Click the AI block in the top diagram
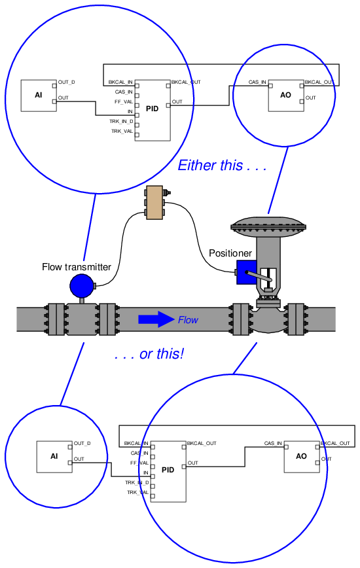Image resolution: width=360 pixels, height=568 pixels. (39, 96)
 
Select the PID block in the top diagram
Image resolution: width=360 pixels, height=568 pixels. (153, 111)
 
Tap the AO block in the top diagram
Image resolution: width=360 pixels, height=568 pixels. (286, 96)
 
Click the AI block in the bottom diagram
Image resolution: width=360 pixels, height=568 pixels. (54, 457)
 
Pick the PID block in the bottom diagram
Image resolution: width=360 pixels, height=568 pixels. (168, 472)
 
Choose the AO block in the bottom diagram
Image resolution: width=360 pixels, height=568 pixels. (302, 457)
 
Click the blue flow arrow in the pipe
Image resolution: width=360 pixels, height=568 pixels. (156, 319)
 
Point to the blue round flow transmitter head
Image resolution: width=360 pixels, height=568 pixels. (82, 286)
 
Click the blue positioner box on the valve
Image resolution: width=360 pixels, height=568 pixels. (246, 272)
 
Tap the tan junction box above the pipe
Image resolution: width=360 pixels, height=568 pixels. (154, 203)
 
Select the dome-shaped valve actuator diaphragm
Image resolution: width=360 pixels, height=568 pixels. (268, 224)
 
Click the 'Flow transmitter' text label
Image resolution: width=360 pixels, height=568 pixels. (77, 267)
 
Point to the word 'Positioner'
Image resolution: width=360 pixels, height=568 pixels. (230, 253)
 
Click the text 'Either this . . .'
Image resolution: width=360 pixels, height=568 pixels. (223, 166)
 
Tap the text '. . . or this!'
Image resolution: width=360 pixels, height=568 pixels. (149, 354)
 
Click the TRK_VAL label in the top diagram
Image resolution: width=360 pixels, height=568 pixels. (122, 131)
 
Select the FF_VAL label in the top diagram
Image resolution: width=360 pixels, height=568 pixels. (124, 102)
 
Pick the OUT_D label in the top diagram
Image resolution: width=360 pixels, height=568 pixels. (67, 82)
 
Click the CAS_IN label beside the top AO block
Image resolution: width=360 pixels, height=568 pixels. (257, 82)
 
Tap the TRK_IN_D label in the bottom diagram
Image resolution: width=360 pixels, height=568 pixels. (137, 482)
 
